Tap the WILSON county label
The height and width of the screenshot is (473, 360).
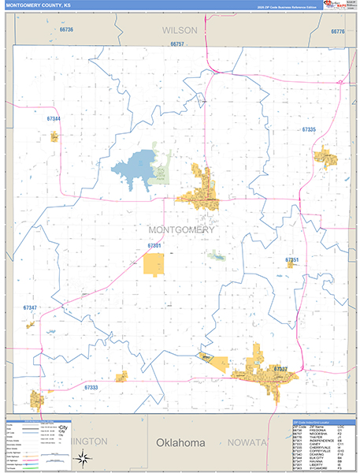179,30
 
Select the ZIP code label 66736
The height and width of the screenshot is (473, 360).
66,30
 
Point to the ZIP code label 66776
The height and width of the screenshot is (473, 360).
338,32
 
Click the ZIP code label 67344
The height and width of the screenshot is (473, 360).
54,118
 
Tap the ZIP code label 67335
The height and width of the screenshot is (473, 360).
309,128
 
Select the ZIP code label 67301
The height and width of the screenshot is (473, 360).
154,246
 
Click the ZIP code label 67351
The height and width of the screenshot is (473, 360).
292,259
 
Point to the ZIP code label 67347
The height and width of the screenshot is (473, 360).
31,307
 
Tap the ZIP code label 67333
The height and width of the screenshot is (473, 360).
91,388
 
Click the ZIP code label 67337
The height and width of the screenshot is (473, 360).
280,368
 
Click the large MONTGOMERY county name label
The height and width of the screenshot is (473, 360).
180,229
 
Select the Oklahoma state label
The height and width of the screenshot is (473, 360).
180,443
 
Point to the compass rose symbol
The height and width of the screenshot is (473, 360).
87,456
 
